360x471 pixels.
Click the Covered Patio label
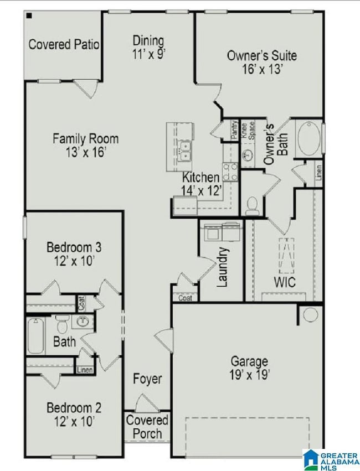(64, 44)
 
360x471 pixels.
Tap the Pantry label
(234, 131)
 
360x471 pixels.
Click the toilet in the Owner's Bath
(253, 205)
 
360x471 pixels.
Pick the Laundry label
(223, 266)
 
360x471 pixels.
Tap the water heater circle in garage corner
(308, 315)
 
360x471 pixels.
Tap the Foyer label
(147, 379)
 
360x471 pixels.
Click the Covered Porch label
(147, 427)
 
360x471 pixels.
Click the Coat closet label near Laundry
(184, 297)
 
